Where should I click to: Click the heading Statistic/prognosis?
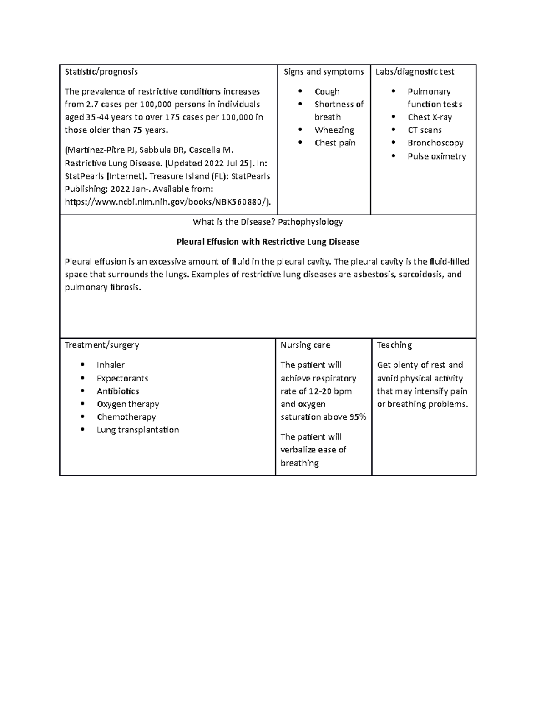pyautogui.click(x=101, y=72)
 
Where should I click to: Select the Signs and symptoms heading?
pyautogui.click(x=324, y=72)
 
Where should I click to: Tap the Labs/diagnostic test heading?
pyautogui.click(x=415, y=72)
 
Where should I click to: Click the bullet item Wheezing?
pyautogui.click(x=334, y=130)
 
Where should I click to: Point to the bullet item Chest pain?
pyautogui.click(x=335, y=143)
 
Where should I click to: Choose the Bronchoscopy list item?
pyautogui.click(x=435, y=143)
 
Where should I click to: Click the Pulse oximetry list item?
pyautogui.click(x=436, y=156)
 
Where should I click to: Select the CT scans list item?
pyautogui.click(x=424, y=130)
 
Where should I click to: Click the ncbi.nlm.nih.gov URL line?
pyautogui.click(x=167, y=202)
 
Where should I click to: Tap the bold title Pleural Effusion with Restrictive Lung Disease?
pyautogui.click(x=268, y=242)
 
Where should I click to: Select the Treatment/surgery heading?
pyautogui.click(x=102, y=345)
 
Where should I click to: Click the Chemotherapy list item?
pyautogui.click(x=126, y=417)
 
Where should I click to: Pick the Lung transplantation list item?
pyautogui.click(x=137, y=430)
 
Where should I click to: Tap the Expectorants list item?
pyautogui.click(x=122, y=378)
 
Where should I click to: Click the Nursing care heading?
pyautogui.click(x=305, y=345)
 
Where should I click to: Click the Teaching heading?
pyautogui.click(x=394, y=345)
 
